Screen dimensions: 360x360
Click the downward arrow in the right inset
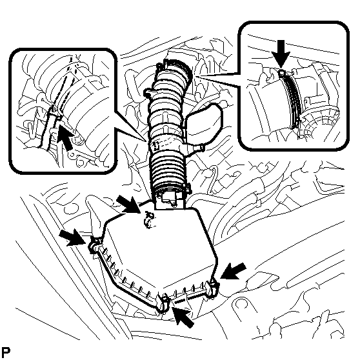coord(281,55)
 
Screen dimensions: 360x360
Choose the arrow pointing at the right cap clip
coord(232,271)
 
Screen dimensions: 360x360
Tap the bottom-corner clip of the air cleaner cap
coord(164,303)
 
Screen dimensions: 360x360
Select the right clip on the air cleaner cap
coord(213,288)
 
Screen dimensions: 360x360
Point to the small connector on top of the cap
coord(149,220)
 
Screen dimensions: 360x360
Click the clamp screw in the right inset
coord(282,73)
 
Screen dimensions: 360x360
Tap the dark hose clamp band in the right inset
coord(291,99)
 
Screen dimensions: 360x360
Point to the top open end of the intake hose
coord(177,67)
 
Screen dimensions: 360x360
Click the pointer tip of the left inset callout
coord(146,141)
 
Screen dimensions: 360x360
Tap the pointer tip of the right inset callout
coord(195,75)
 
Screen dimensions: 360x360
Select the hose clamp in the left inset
coord(55,112)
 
